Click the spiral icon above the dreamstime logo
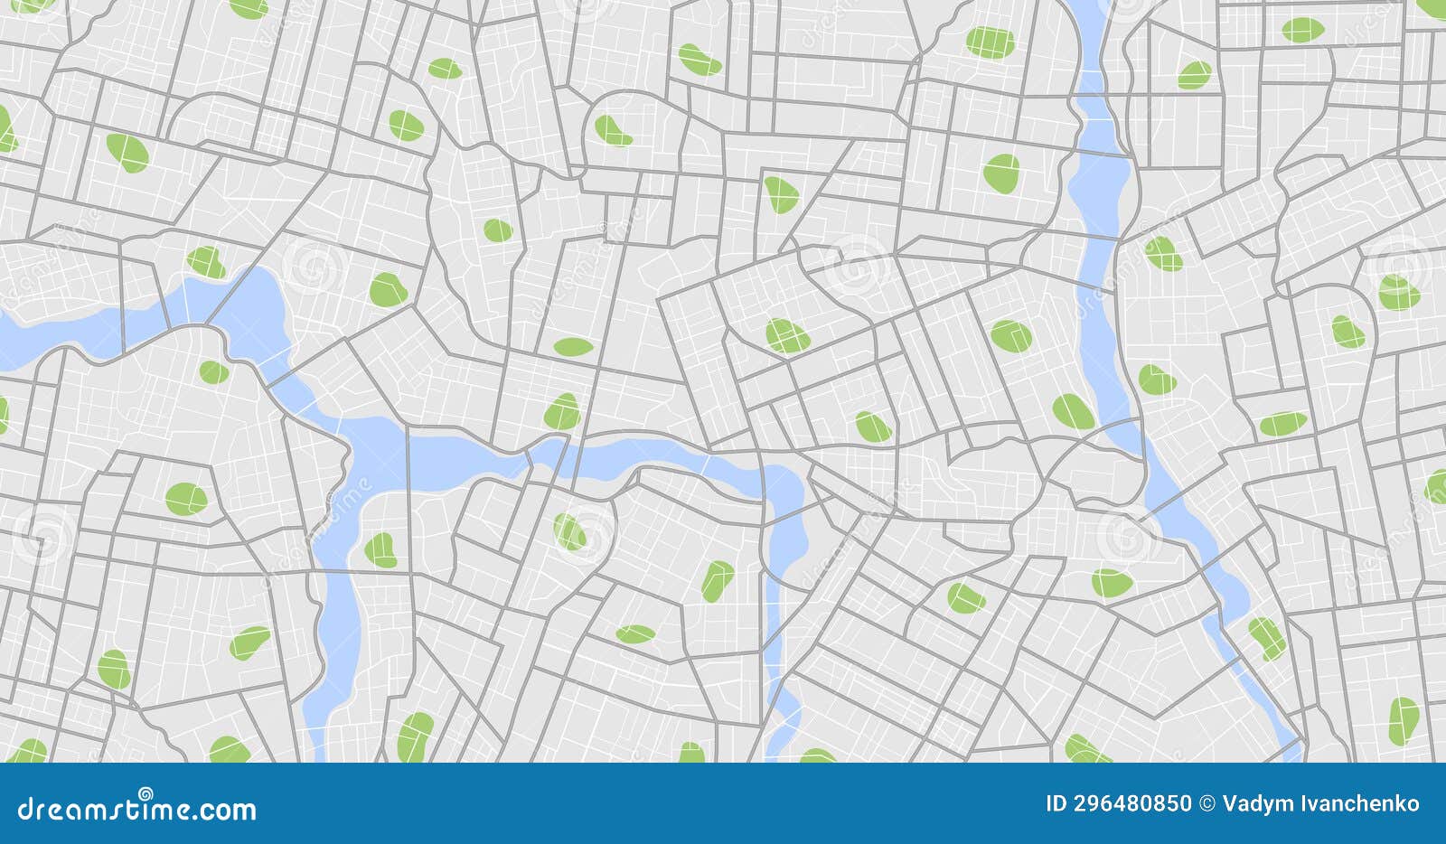click(x=138, y=792)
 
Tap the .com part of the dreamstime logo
click(x=221, y=810)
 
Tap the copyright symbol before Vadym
click(x=1207, y=803)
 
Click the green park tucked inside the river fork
click(x=380, y=550)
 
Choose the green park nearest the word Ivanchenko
click(x=1403, y=719)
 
